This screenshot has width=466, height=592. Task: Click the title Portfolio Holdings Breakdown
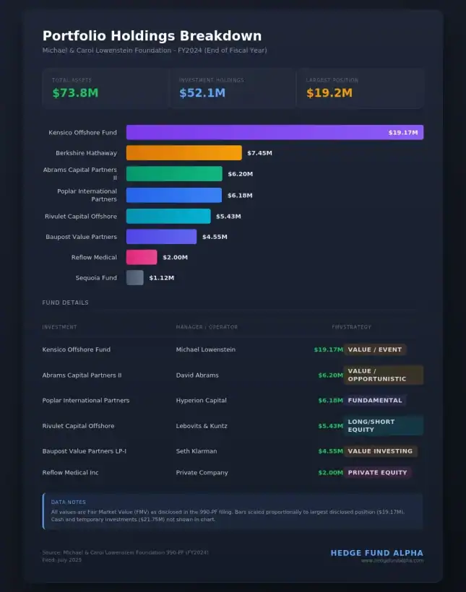(x=152, y=36)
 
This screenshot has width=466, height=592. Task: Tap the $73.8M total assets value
(x=75, y=93)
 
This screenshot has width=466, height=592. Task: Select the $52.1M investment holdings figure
(x=202, y=93)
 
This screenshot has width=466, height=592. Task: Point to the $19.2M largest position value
(x=329, y=93)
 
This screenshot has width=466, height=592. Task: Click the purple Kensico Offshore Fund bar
(x=275, y=132)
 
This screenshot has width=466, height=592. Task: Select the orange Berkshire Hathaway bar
(x=184, y=153)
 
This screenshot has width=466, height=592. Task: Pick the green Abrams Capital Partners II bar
(x=174, y=174)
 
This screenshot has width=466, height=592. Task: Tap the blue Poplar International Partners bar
(x=173, y=195)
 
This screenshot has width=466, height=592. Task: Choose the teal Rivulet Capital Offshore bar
(x=168, y=216)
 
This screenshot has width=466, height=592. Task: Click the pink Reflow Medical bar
(x=142, y=257)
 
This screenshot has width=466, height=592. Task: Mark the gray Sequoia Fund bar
(x=134, y=278)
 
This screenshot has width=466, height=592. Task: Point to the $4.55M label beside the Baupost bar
(x=215, y=237)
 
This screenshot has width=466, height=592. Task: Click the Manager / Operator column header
(x=207, y=327)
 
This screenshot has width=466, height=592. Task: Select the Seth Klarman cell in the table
(x=197, y=451)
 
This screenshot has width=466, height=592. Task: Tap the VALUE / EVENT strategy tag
(x=374, y=349)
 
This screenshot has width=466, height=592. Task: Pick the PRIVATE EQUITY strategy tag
(x=377, y=473)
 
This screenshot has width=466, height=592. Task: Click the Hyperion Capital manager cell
(x=201, y=400)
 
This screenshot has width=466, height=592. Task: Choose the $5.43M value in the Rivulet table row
(x=330, y=426)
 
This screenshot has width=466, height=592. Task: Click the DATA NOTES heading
(x=68, y=502)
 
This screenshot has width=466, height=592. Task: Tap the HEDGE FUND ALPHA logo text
(x=376, y=553)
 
